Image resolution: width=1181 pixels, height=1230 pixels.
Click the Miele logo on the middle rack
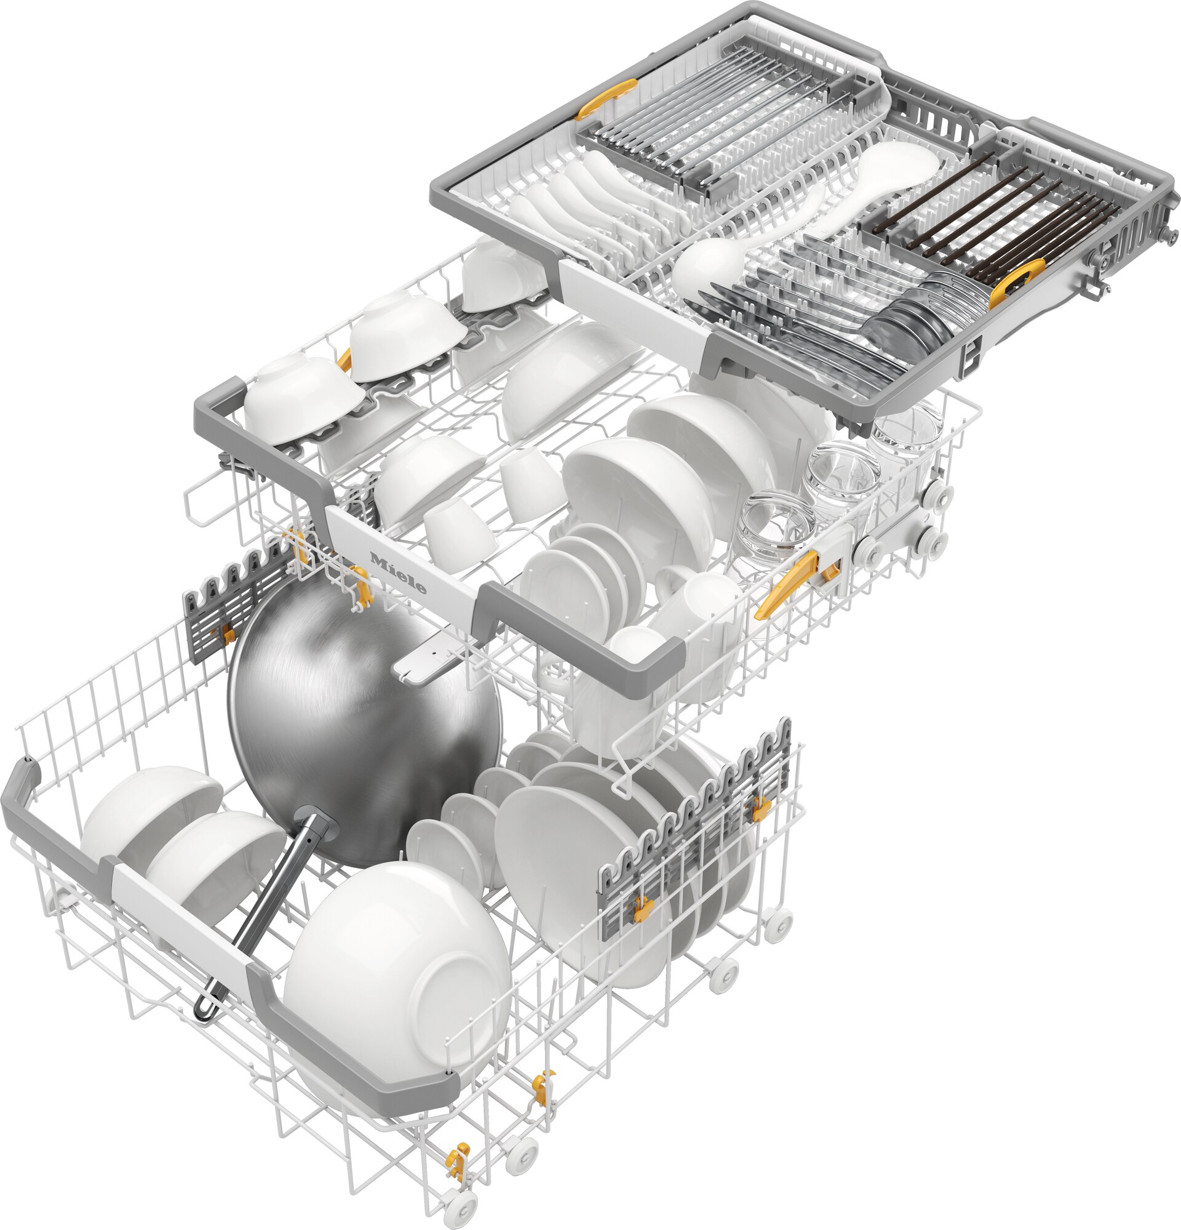(398, 573)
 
